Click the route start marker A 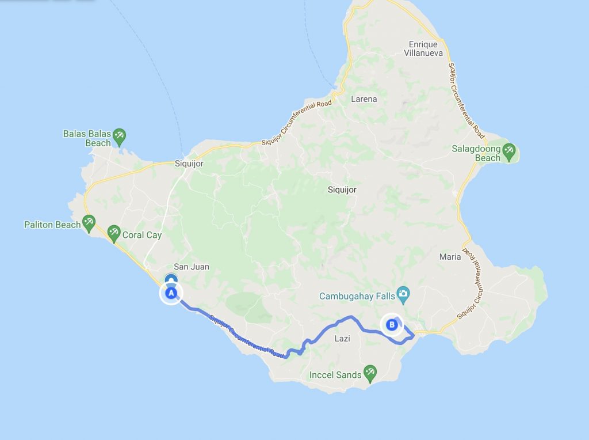[x=170, y=293]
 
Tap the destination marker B [x=392, y=324]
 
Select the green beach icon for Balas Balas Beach [x=119, y=136]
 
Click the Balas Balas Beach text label [x=86, y=138]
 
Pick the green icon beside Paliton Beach [x=89, y=222]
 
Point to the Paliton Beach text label [x=52, y=225]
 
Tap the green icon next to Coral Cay [x=113, y=233]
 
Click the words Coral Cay [x=141, y=235]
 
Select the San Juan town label [x=192, y=267]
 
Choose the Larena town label [x=364, y=99]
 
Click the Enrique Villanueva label [x=423, y=49]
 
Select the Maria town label [x=450, y=257]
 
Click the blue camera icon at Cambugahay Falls [x=404, y=294]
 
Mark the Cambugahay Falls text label [x=357, y=295]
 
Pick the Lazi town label [x=342, y=339]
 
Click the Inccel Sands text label [x=335, y=375]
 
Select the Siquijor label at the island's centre [x=342, y=189]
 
